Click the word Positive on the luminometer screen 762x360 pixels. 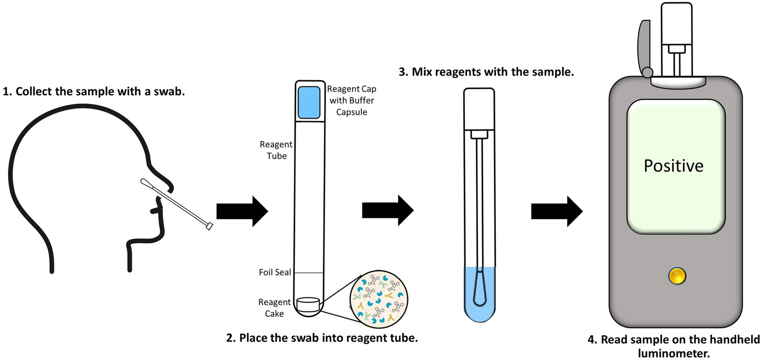tap(673, 165)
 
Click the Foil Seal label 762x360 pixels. tap(275, 272)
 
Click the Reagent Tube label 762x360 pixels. tap(276, 149)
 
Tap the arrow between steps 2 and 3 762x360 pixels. tap(387, 211)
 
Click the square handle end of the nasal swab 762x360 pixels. tap(208, 226)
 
